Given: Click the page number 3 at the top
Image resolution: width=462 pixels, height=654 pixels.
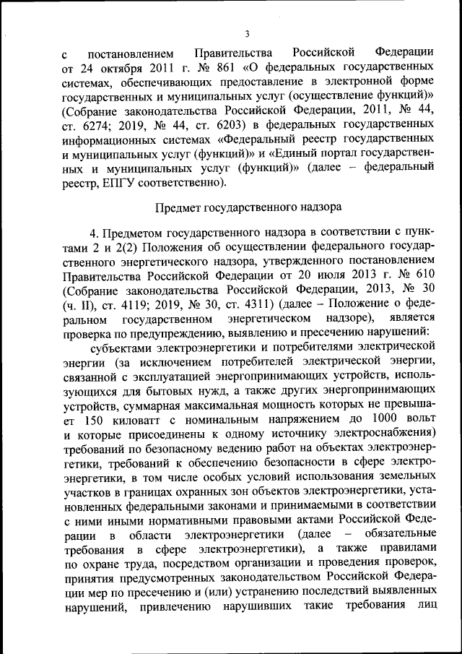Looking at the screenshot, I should tap(247, 33).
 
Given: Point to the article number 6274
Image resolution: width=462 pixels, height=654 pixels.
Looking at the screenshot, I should tap(98, 124).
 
